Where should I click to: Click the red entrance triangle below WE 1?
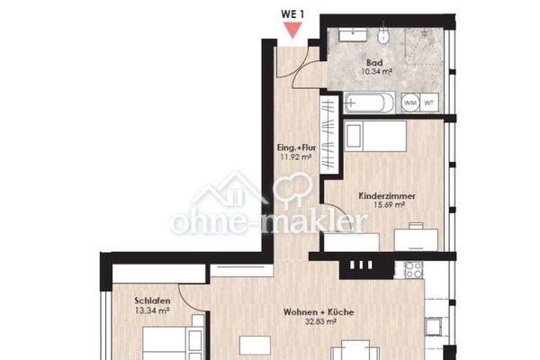coord(292,30)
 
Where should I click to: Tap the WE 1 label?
coord(292,14)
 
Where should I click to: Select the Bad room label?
coord(374,63)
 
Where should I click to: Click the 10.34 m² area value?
coord(377,72)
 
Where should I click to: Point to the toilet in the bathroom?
coord(383,35)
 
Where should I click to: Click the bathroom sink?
coord(353,35)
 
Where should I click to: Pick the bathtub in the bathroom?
coord(370,103)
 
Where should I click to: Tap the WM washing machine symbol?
coord(410,103)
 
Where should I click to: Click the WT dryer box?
coord(429,103)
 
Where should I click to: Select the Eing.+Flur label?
coord(296,148)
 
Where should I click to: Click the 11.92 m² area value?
coord(296,157)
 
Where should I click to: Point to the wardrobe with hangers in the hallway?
coord(328,135)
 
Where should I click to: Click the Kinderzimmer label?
coord(387,196)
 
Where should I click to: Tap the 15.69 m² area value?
coord(389,205)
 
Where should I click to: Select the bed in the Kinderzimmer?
coord(375,136)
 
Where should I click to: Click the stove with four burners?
coord(414,270)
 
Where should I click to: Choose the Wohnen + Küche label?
coord(319,312)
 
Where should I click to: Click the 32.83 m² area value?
coord(320,322)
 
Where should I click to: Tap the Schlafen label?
coord(152,301)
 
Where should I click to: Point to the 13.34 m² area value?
coord(152,310)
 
